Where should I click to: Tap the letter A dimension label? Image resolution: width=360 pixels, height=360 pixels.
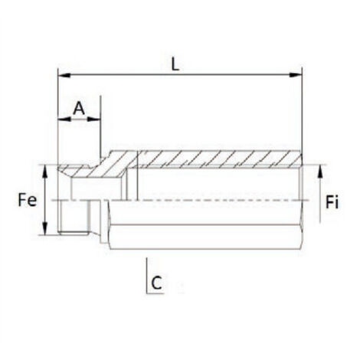click(x=78, y=109)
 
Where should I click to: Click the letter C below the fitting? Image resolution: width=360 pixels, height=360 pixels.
click(x=156, y=282)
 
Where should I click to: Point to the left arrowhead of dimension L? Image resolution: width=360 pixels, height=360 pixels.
click(x=63, y=76)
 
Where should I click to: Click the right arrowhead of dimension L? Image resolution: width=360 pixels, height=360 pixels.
click(x=297, y=76)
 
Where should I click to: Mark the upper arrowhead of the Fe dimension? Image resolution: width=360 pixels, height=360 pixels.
click(x=47, y=172)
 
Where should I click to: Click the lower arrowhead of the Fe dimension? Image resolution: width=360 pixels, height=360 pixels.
click(x=47, y=229)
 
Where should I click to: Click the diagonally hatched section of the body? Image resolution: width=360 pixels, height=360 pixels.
click(x=214, y=159)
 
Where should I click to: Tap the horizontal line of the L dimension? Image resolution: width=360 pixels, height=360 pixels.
click(x=230, y=76)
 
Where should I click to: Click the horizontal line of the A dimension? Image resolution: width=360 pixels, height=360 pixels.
click(x=79, y=119)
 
